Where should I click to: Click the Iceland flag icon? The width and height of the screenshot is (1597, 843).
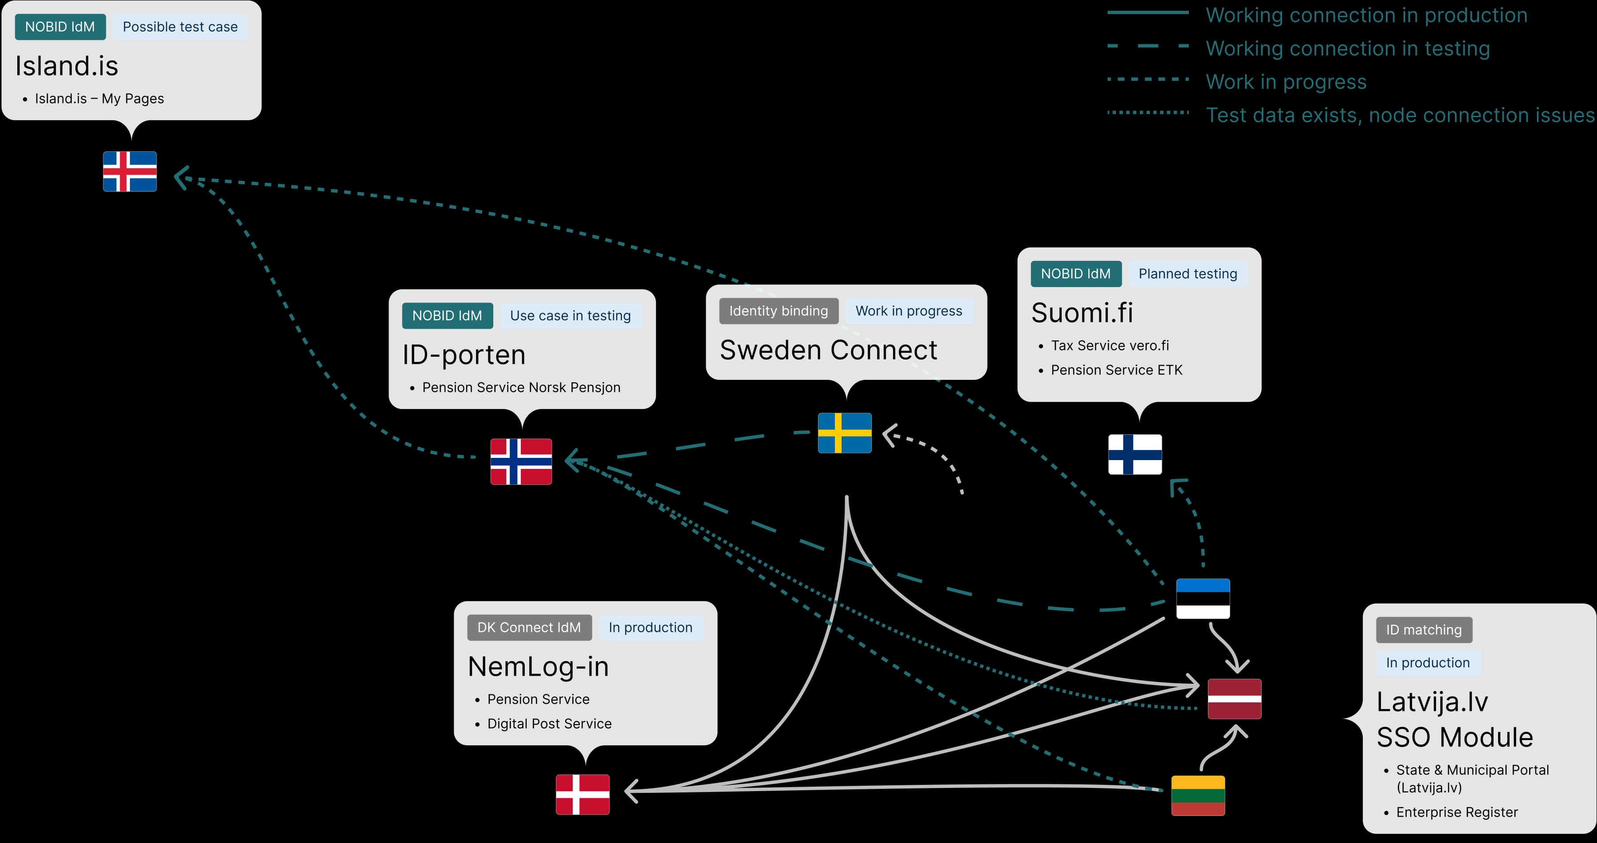[130, 171]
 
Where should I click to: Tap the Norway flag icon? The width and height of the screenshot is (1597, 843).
[521, 461]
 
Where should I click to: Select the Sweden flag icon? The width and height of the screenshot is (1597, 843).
[844, 433]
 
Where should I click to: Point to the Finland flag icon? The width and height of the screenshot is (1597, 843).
[1134, 454]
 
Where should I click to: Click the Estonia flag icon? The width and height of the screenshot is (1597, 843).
[1203, 598]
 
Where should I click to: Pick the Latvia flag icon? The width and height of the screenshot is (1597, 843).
[1234, 698]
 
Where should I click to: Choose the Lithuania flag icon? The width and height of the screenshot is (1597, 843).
[1198, 795]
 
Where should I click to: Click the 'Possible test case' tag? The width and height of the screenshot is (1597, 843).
[180, 27]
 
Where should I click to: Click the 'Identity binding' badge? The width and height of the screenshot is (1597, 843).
[778, 311]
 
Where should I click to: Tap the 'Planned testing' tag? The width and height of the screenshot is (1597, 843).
[1187, 273]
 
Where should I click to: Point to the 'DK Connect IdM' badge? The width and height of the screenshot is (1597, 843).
[529, 627]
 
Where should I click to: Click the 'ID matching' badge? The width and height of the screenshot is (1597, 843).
[1424, 630]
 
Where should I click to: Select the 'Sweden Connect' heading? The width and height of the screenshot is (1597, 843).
[828, 350]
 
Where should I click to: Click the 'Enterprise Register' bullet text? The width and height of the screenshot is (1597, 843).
[1457, 812]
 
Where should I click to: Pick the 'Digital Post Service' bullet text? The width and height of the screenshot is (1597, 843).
[549, 723]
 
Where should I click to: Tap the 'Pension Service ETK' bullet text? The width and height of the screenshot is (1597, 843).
[1117, 370]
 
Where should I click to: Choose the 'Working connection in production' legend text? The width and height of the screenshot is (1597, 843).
[1366, 15]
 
